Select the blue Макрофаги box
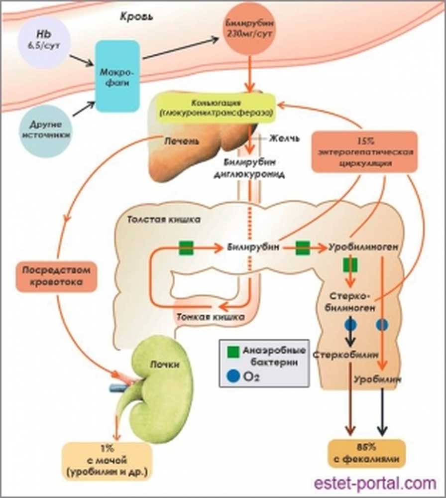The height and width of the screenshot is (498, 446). (118, 76)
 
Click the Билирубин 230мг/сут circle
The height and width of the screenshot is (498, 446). (247, 30)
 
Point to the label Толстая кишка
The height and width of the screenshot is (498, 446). (156, 220)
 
